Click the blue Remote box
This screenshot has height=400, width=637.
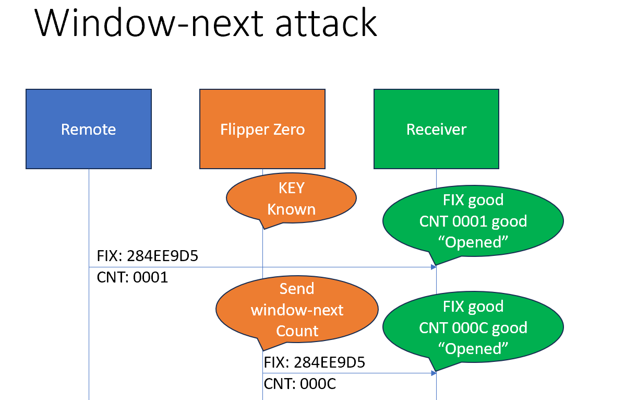[89, 129]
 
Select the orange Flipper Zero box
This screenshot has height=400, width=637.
[262, 129]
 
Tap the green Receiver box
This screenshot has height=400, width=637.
[436, 129]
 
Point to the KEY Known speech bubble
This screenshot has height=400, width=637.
[291, 198]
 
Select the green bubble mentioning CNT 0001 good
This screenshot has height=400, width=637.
[473, 221]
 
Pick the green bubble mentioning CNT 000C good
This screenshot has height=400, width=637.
[473, 327]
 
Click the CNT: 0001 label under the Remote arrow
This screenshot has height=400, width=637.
[133, 277]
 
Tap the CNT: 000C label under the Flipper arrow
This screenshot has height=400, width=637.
[300, 384]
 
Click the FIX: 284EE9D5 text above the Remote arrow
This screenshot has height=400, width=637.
[148, 257]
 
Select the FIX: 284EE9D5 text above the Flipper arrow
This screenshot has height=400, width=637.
[315, 362]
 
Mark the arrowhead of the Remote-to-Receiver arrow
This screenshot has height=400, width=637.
[433, 267]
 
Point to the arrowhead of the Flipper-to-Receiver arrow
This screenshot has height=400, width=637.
[433, 373]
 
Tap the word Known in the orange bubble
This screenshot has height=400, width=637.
[291, 209]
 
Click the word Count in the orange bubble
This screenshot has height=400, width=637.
[297, 331]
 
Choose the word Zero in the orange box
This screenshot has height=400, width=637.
[287, 129]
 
